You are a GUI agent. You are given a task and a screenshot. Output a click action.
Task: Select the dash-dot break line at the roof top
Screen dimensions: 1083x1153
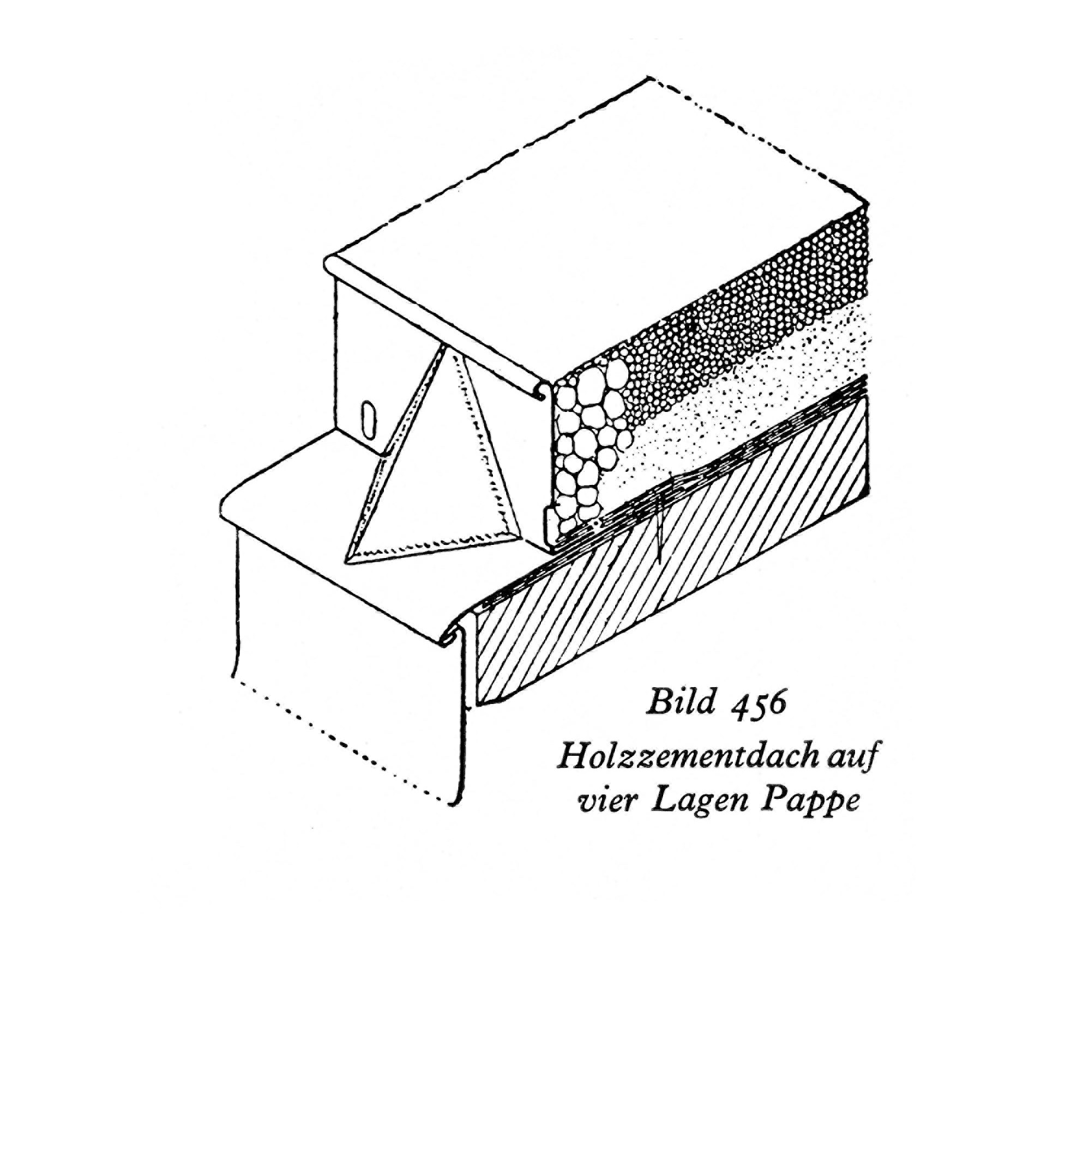point(760,139)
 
